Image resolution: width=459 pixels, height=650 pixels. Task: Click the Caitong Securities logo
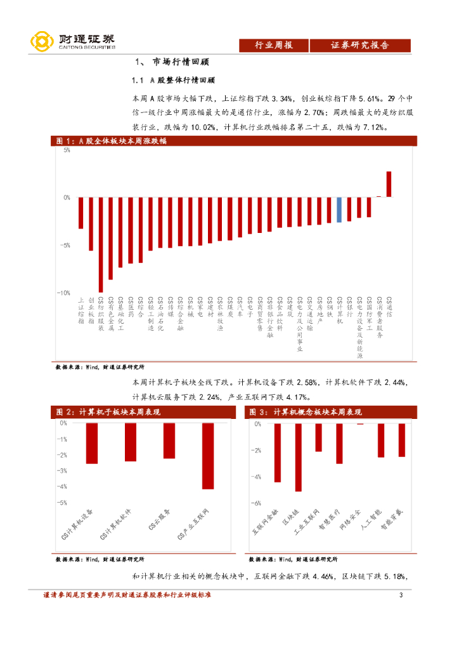tap(73, 41)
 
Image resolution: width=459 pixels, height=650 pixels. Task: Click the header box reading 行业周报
tap(273, 45)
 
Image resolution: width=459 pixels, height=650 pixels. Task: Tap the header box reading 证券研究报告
tap(359, 45)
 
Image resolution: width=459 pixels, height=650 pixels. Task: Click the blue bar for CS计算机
tap(339, 209)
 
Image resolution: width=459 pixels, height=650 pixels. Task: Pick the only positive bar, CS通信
tap(389, 184)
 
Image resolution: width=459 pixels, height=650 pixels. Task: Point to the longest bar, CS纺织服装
tap(101, 245)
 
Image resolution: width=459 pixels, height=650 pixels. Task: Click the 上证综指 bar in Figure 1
tap(81, 213)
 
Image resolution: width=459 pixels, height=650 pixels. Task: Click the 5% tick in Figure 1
tap(66, 150)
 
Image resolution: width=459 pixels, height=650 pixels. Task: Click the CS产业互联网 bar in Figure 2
tap(208, 455)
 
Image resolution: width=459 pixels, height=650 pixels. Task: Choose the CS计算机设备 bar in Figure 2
tap(92, 443)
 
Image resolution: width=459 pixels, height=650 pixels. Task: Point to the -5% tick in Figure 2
tap(63, 502)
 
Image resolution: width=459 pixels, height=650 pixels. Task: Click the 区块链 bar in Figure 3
tap(298, 457)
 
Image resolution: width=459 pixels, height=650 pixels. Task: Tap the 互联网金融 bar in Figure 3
tap(277, 453)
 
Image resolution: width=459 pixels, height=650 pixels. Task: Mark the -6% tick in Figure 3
tap(257, 503)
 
